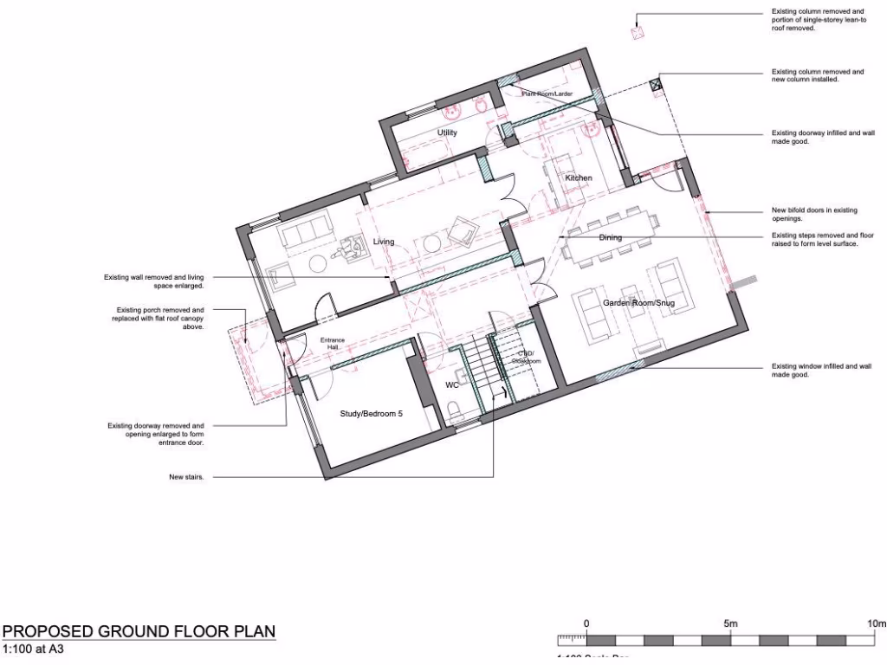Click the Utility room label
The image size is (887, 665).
[447, 132]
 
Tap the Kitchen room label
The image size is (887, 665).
[579, 178]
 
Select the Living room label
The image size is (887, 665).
[384, 242]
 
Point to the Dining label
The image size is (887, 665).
[611, 237]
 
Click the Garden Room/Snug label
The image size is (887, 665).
[639, 303]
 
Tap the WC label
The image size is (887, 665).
[451, 384]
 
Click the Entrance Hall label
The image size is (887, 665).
[333, 344]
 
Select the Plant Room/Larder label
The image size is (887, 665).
[547, 94]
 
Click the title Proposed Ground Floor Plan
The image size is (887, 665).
[139, 631]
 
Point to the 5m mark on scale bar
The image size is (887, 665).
[730, 623]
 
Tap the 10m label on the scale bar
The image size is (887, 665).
[876, 623]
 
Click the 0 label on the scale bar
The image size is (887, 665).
[586, 623]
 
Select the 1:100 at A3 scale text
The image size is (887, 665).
[35, 649]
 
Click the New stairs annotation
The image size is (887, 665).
[187, 477]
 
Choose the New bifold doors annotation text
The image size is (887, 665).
[813, 213]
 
